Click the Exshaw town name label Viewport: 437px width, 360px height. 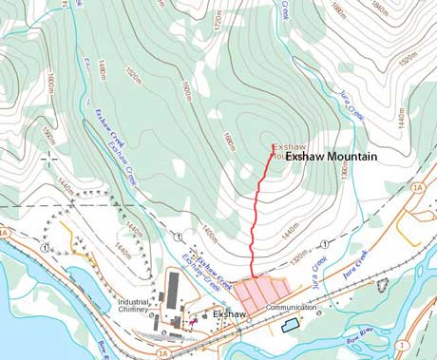click(230, 313)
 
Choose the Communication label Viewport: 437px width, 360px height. click(291, 308)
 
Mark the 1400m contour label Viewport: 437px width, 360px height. click(209, 237)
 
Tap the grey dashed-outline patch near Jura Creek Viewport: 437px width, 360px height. click(383, 283)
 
